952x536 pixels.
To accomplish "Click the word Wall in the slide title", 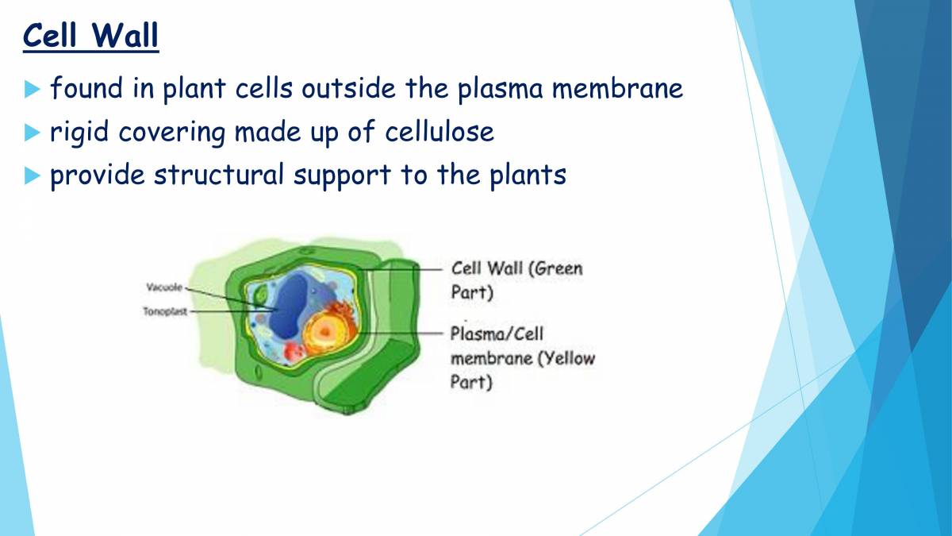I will pos(124,37).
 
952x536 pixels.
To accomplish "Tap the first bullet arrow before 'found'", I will pos(32,89).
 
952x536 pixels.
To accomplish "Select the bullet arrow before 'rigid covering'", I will pos(32,132).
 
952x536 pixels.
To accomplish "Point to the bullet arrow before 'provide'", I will pos(32,175).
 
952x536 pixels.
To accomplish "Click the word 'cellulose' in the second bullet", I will pos(440,132).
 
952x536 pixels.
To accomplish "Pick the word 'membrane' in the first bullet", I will pos(617,89).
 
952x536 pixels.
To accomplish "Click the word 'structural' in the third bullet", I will pos(218,175).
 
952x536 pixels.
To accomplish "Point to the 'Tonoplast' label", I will pos(164,311).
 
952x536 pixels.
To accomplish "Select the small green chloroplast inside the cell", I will pos(260,297).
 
